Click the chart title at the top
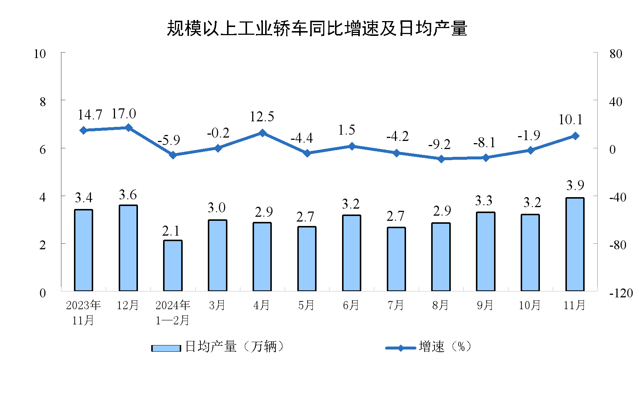point(317,28)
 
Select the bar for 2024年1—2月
point(173,266)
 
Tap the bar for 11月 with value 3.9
point(575,244)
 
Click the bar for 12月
point(128,248)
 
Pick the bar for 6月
point(351,253)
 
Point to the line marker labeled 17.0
point(128,128)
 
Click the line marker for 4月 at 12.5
point(262,133)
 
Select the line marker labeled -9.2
point(441,159)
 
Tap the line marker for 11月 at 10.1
point(575,136)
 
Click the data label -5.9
point(169,140)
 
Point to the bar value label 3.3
point(484,201)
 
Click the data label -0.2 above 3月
point(218,133)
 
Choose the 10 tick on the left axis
point(40,54)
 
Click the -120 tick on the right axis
point(621,293)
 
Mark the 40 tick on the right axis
point(616,102)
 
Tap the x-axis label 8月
point(440,305)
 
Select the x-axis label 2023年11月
point(83,313)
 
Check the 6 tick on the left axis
point(43,149)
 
